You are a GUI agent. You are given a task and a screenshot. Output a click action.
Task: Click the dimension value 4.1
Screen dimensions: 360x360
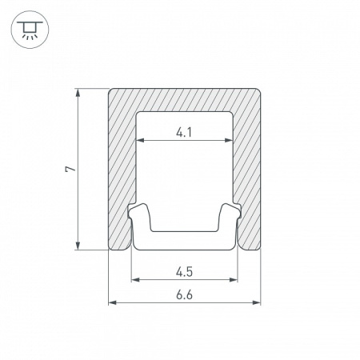(184, 132)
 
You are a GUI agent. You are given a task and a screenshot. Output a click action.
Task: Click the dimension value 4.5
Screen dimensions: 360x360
(184, 272)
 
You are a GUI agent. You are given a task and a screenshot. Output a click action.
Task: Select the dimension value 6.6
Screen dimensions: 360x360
(184, 295)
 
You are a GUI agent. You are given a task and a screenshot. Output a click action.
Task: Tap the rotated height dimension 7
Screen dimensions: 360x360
(70, 169)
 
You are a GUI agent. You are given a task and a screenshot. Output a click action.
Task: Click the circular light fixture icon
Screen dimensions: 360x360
(30, 30)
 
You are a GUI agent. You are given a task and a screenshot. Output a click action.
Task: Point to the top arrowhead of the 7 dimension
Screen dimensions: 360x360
(78, 92)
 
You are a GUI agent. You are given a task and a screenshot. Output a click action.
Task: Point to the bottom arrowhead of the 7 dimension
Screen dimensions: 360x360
(78, 246)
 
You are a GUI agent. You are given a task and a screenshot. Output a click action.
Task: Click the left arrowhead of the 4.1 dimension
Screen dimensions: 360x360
(140, 140)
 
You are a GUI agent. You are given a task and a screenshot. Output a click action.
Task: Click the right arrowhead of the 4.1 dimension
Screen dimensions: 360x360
(229, 140)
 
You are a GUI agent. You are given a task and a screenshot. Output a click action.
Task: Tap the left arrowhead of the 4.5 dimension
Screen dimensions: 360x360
(135, 280)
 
